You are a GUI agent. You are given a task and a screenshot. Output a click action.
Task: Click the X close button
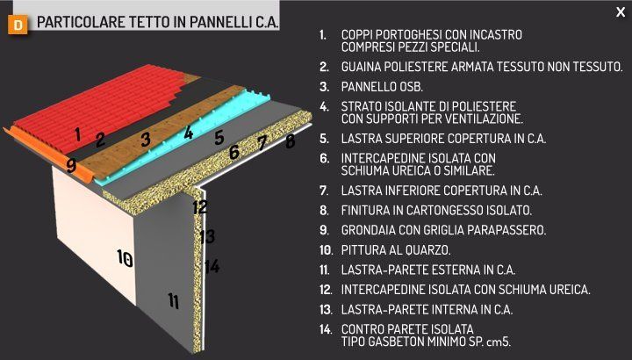pos(621,11)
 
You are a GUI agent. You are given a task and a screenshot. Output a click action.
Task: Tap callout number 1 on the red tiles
pos(78,134)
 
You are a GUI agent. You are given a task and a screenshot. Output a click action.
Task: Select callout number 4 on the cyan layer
pos(188,133)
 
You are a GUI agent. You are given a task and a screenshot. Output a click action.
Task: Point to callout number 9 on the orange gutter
pos(71,164)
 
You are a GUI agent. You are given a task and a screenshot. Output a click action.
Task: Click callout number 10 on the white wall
pos(125,258)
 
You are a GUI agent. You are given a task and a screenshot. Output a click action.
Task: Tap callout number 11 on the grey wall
pos(174,301)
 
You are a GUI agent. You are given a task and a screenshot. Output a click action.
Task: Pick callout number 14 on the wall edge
pos(212,266)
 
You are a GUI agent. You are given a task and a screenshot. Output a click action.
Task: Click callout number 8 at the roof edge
pos(291,140)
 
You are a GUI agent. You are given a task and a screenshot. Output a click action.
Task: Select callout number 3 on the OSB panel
pos(146,139)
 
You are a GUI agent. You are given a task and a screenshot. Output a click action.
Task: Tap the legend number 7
pos(323,190)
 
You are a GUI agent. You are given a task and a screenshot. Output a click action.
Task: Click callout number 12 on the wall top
pos(200,207)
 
